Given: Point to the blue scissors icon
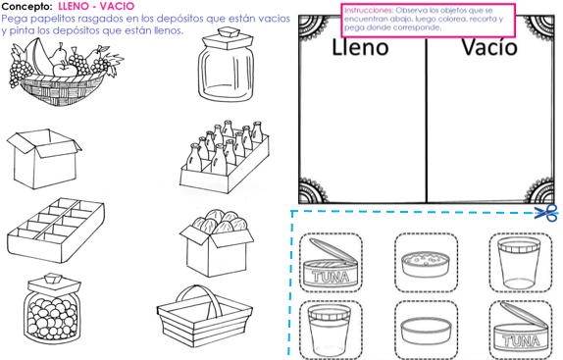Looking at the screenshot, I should point(545,213).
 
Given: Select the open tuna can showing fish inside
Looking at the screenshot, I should point(329,264).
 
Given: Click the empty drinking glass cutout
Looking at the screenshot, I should point(516,261).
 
